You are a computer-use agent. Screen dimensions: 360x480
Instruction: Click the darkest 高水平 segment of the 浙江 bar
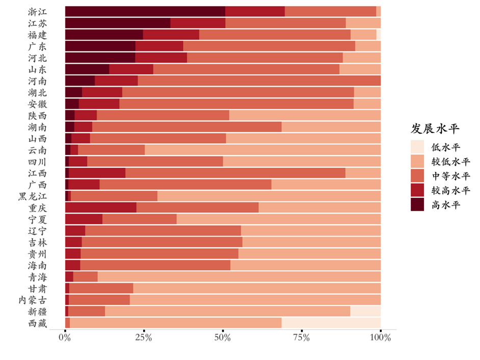click(x=145, y=11)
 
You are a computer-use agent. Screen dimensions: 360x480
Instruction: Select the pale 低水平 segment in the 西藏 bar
click(x=331, y=323)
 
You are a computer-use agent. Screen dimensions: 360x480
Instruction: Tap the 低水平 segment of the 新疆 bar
click(x=365, y=311)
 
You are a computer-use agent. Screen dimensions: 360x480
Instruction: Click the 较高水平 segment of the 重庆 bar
click(x=100, y=208)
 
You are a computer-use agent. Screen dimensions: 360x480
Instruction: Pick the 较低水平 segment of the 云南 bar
click(x=262, y=149)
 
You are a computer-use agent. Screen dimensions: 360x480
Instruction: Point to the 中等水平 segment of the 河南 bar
click(x=259, y=81)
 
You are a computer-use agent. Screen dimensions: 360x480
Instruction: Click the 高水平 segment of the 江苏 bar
click(x=117, y=23)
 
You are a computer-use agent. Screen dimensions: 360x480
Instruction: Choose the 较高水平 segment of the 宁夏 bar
click(x=84, y=219)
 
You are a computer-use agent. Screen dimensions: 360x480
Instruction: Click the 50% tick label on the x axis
click(x=223, y=338)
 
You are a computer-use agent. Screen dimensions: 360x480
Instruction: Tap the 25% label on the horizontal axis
click(x=144, y=338)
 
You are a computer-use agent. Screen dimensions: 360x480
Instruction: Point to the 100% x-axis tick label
click(x=380, y=338)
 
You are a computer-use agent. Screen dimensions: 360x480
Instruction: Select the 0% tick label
click(x=65, y=338)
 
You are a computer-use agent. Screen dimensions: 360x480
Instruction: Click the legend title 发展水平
click(x=435, y=128)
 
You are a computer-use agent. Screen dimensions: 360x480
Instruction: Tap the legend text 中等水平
click(x=450, y=176)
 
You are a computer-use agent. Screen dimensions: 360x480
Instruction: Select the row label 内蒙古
click(x=33, y=300)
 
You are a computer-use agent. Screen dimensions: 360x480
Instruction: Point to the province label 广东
click(x=37, y=46)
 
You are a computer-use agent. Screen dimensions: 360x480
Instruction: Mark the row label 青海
click(x=37, y=277)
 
